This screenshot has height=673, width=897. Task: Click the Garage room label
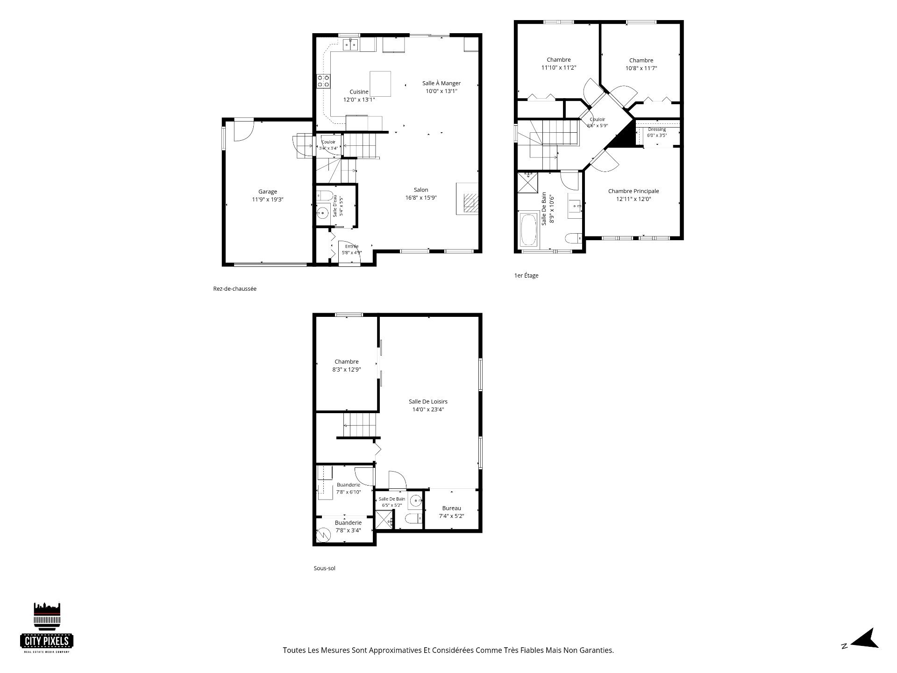coord(268,191)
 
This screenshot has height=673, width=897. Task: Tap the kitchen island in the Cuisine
coord(380,83)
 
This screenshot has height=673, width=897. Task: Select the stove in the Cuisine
coord(324,81)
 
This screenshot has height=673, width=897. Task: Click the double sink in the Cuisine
coord(350,44)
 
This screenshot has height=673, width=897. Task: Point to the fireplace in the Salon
coord(468,198)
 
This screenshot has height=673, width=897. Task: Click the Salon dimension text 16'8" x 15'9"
coord(421,198)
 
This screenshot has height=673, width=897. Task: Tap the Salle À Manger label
coord(441,83)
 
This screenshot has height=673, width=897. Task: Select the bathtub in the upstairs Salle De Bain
coord(529,230)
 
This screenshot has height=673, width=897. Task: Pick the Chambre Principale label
coord(634,191)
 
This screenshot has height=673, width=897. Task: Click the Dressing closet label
coord(657,129)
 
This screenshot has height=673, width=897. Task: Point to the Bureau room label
coord(451,508)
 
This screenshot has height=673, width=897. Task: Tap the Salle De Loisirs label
coord(428,401)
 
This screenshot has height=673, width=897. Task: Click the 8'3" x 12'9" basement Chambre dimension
coord(346,370)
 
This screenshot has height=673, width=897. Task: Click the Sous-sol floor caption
coord(325,568)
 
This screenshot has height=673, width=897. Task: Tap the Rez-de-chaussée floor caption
coord(235,289)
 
